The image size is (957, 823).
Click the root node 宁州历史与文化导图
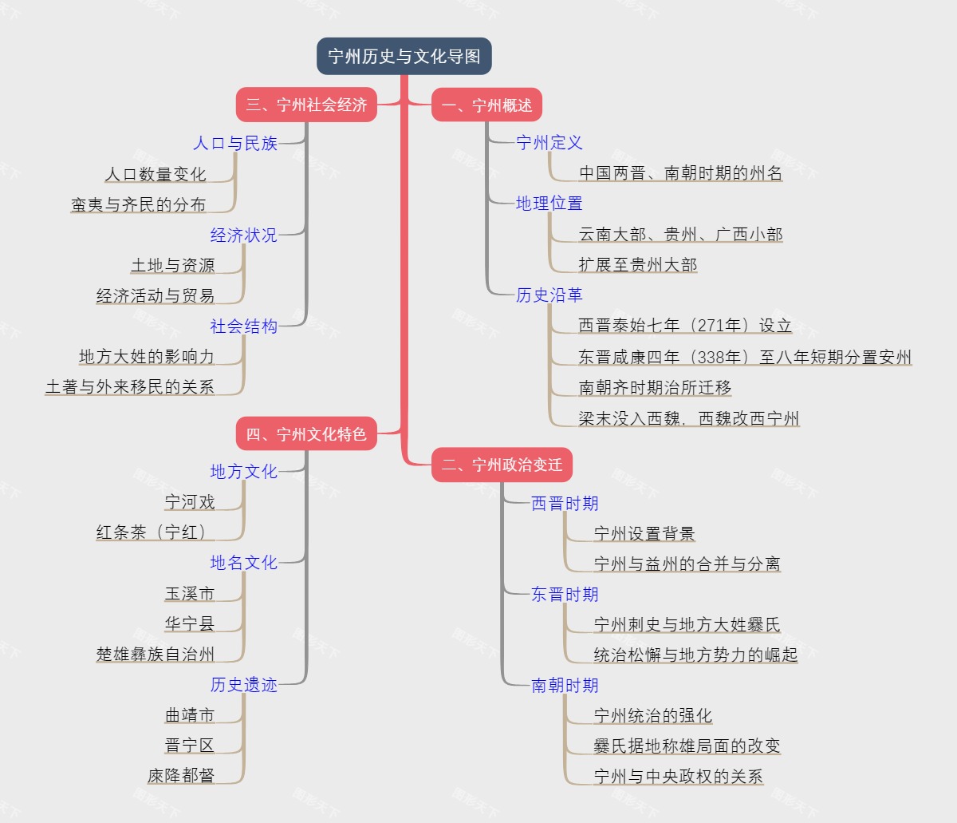coord(404,57)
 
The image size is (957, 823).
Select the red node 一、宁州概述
coord(486,105)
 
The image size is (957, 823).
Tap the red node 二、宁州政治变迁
coord(502,465)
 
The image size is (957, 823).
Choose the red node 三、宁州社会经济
coord(306,105)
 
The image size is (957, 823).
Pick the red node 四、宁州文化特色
coord(306,434)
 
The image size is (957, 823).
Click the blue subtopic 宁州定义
coord(549,143)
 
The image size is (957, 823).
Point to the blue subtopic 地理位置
coord(549,204)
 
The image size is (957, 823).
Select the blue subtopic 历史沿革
coord(549,295)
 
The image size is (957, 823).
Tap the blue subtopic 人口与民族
coord(235,144)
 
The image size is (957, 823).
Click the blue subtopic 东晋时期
coord(565,595)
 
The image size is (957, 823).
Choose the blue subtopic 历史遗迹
coord(244,685)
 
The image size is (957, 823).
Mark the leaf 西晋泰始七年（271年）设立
coord(685,326)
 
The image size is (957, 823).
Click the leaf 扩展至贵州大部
coord(638,265)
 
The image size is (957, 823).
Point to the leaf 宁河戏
coord(190,502)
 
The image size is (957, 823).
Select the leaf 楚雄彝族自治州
coord(156,655)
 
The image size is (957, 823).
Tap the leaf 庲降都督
coord(181,776)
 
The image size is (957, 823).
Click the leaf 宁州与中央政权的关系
coord(679,776)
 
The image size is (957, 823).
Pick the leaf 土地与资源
coord(173,266)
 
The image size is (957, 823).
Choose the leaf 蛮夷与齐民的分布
coord(139,205)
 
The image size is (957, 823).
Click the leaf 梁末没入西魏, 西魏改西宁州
coord(689,419)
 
